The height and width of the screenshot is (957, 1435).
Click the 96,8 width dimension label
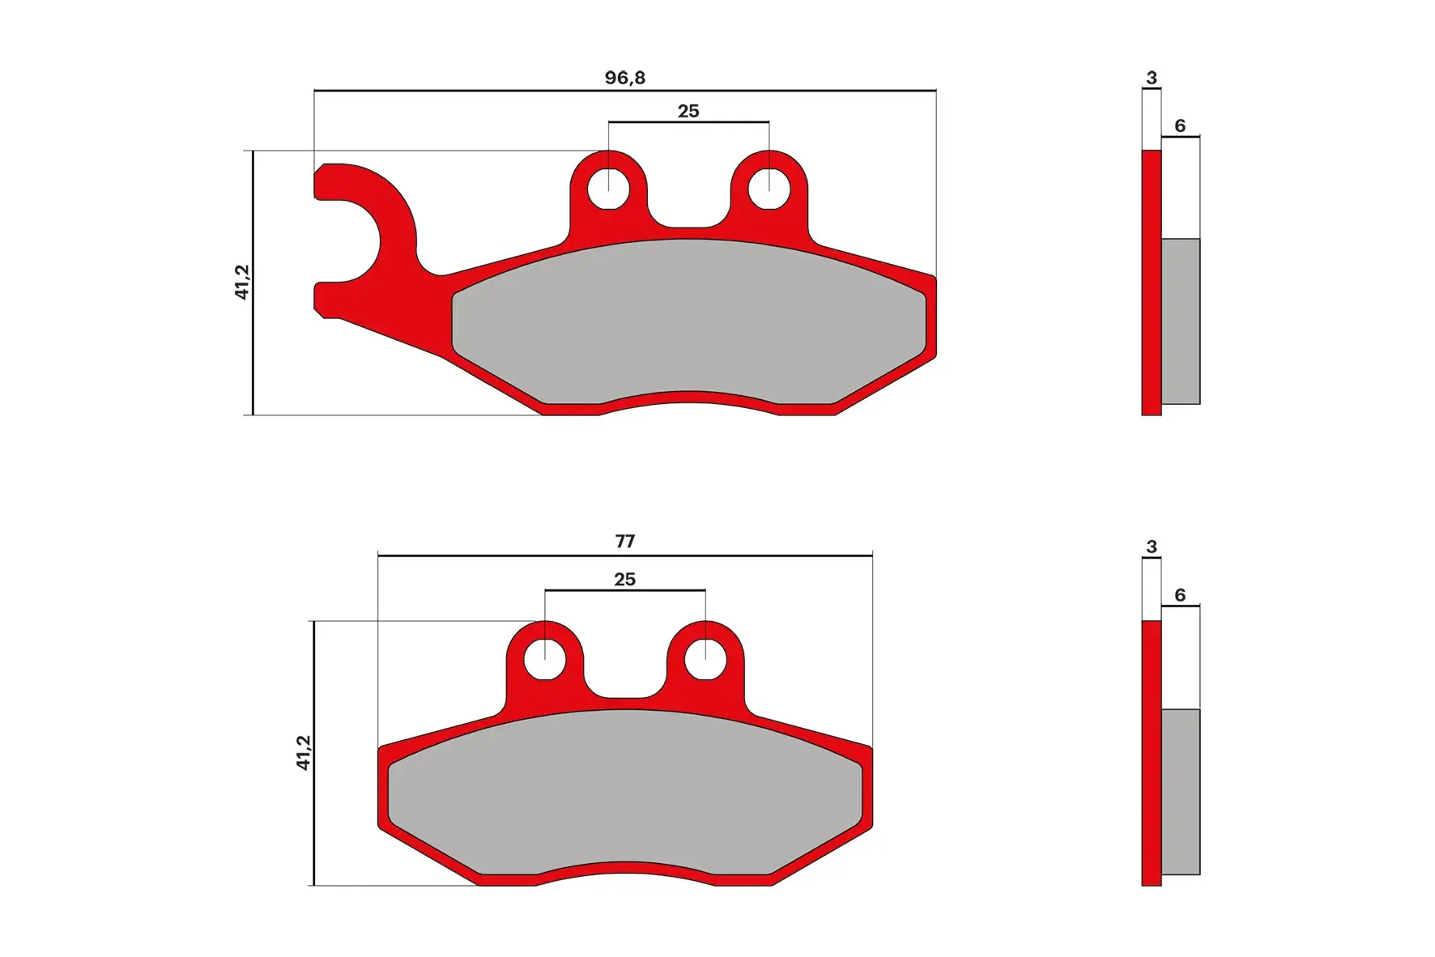pos(624,78)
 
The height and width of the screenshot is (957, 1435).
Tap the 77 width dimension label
pos(624,541)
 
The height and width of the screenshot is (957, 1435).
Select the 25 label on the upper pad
pos(688,111)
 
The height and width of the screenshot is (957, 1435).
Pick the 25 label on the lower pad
pos(624,579)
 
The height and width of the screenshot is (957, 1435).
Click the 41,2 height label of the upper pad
pos(242,282)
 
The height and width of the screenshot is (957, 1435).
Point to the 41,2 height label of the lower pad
pos(303,752)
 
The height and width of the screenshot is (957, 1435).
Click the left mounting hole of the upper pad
pos(608,189)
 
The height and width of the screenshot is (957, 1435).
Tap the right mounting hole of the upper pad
pos(769,189)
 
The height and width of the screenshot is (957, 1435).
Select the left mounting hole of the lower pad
pos(545,659)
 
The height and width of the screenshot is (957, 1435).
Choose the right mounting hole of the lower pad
pos(705,659)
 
